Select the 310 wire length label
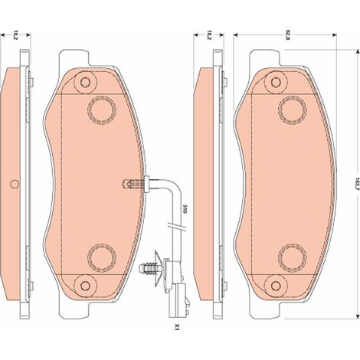pos(185,208)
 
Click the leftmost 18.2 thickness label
pos(15,35)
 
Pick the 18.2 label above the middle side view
pos(209,35)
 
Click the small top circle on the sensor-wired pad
pos(85,82)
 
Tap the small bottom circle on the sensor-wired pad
pos(85,286)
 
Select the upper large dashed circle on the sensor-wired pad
pos(102,110)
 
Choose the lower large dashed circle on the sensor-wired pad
pos(102,258)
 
